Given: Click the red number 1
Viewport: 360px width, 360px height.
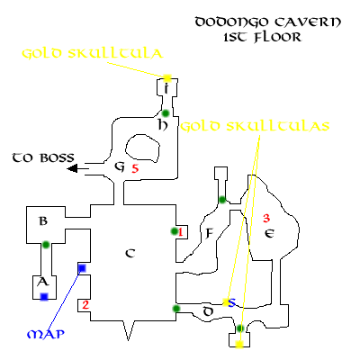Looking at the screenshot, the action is pos(180,232).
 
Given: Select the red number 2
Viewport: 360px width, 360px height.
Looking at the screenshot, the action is pos(85,305).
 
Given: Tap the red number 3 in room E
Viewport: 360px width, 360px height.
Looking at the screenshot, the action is pos(266,218).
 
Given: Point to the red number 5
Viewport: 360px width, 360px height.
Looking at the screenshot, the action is pos(135,168).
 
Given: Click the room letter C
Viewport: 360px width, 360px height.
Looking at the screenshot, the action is pos(130,254).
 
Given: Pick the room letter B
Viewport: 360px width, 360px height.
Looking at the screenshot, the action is pos(43,221).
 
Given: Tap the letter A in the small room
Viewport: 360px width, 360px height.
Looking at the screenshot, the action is pos(42,282).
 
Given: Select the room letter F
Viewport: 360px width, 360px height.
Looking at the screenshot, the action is pos(209,233).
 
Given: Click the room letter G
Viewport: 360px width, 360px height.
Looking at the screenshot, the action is pos(120,166).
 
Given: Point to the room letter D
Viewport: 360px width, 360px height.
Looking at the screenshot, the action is pos(208,311).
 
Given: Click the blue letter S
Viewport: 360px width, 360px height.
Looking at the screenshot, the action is pos(232,302).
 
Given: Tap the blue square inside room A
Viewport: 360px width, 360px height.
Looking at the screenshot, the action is pos(44,297).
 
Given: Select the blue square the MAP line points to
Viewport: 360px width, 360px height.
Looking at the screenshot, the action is pos(82,268).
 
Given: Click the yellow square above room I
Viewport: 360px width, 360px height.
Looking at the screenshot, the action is pos(167,78).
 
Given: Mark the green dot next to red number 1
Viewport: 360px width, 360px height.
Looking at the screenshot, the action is pos(174,231).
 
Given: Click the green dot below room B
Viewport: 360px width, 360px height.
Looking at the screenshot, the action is pos(46,245).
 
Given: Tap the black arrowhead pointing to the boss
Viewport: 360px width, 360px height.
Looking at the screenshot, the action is pos(73,168).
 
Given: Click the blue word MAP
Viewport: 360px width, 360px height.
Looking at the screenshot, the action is pos(46,334).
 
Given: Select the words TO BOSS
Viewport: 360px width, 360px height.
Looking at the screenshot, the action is pos(43,157).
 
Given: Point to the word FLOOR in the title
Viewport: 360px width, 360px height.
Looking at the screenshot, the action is pos(277,37).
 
